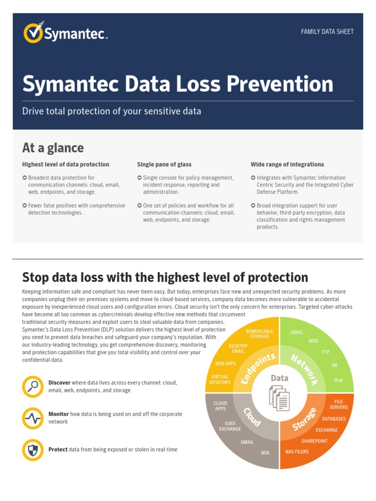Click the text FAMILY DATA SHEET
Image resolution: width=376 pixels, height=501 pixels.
(x=327, y=32)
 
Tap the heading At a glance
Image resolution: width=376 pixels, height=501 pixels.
(x=53, y=148)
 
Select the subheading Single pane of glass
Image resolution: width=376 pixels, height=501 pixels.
(x=164, y=164)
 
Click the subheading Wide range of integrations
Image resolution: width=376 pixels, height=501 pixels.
(x=287, y=164)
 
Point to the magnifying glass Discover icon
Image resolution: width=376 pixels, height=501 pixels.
(x=33, y=387)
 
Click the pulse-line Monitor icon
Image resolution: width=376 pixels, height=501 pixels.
(x=33, y=418)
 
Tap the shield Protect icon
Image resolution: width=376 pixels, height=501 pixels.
(x=33, y=450)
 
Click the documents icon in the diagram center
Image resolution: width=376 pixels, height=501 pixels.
(x=279, y=398)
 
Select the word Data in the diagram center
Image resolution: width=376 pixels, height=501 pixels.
(x=280, y=378)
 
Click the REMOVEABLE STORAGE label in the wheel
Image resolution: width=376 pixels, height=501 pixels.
(x=259, y=334)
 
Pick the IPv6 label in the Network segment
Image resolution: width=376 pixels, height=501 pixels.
(x=338, y=380)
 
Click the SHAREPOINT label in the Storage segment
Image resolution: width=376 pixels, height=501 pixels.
(x=314, y=441)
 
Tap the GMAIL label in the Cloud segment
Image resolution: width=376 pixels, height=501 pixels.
(x=247, y=442)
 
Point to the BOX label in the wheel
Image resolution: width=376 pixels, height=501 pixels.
(x=265, y=453)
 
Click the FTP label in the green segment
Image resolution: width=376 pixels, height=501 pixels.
(x=326, y=352)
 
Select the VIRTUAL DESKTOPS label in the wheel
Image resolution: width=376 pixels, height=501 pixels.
(x=220, y=380)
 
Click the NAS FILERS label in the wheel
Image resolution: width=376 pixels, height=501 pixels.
(x=297, y=452)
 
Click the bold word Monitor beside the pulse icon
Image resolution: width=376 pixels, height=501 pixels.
(x=58, y=414)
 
